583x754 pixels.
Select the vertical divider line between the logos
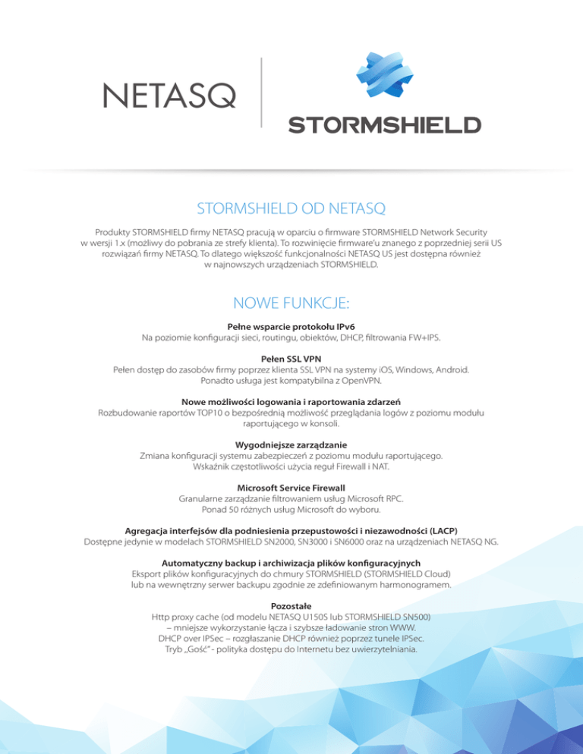[x=260, y=92]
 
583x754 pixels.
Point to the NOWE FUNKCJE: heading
[x=291, y=304]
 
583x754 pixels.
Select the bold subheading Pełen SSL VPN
[x=291, y=358]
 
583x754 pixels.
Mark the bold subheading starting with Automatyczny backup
[x=291, y=562]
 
